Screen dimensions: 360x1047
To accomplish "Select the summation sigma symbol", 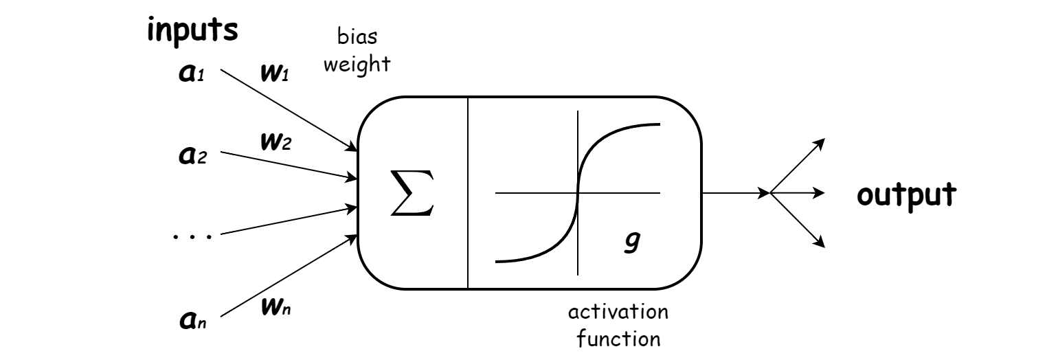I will [412, 193].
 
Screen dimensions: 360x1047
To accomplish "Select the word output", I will [905, 194].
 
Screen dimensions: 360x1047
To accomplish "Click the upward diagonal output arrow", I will [797, 166].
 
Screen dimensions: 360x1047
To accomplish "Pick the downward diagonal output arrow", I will [797, 220].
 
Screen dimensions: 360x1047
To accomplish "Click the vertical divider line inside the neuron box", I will [468, 193].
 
